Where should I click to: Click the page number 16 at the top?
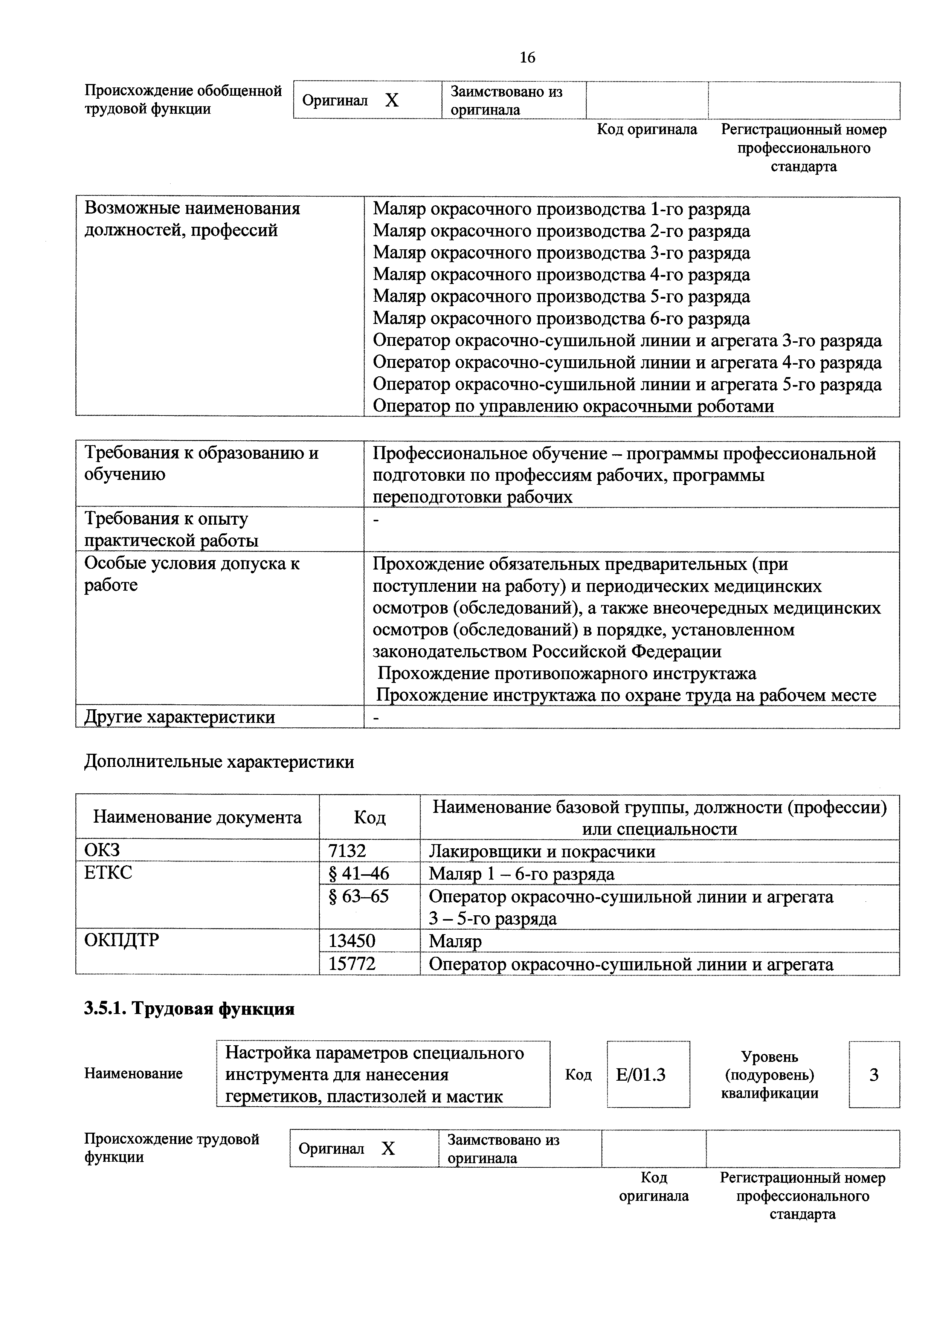pos(527,58)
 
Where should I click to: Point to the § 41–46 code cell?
pos(358,874)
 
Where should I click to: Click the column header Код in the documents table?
pos(369,817)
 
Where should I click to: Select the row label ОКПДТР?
pos(121,940)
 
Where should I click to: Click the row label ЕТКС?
pos(108,873)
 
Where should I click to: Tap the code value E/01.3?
pos(640,1075)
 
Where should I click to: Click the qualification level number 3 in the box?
pos(874,1075)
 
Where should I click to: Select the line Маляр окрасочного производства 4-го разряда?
pos(561,275)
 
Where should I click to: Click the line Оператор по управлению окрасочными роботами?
pos(573,406)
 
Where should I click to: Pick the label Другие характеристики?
pos(179,717)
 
